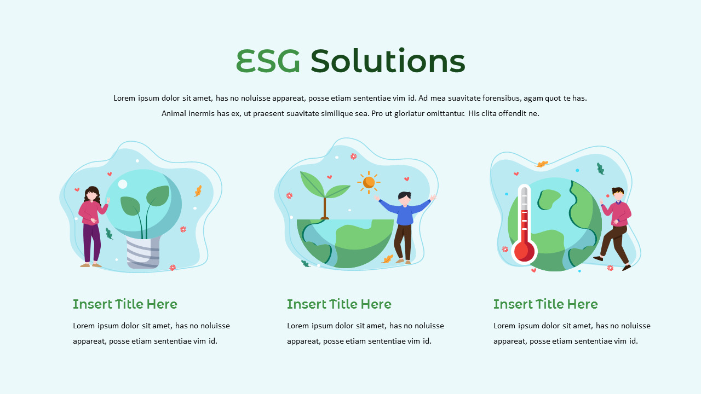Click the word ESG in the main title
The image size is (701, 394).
268,61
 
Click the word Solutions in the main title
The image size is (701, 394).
387,61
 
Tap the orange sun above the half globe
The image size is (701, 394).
369,182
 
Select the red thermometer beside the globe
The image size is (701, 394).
524,224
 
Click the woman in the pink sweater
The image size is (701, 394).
91,224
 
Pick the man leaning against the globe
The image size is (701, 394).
615,227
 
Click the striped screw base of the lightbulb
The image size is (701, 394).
143,252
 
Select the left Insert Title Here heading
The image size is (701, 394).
125,304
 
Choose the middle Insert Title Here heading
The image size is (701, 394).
339,304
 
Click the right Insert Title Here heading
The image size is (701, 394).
545,304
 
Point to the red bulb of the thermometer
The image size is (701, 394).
524,251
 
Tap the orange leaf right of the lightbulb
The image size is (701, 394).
198,191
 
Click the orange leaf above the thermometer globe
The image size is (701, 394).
542,164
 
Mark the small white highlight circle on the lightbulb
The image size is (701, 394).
123,184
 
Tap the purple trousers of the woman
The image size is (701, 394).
92,244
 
